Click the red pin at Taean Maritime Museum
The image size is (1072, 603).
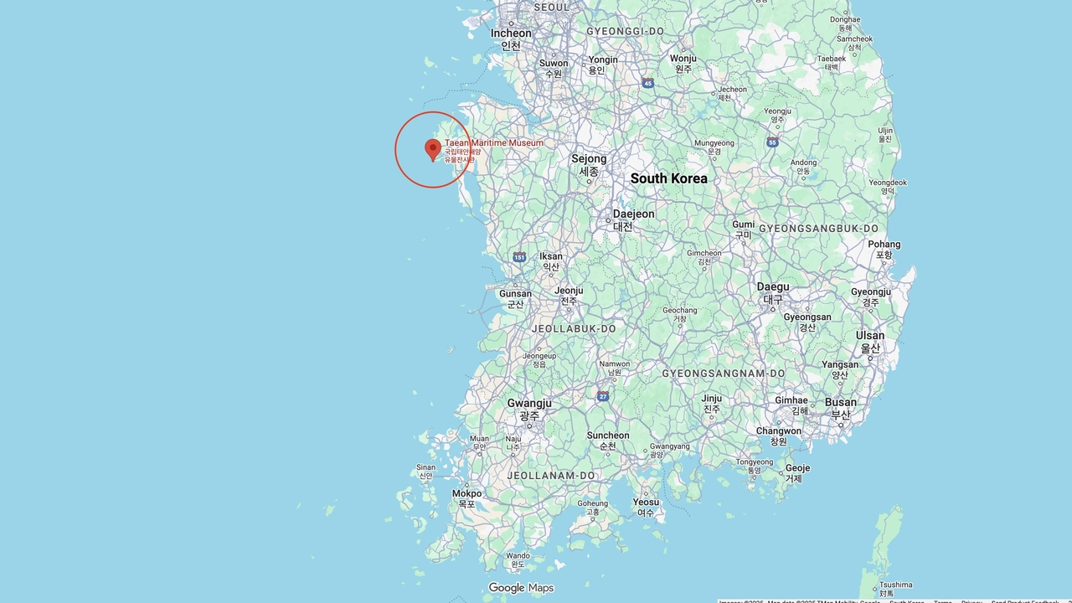[x=433, y=148]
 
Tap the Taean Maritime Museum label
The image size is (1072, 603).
[x=493, y=143]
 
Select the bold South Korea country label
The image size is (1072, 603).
[x=668, y=178]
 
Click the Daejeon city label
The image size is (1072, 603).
[x=633, y=214]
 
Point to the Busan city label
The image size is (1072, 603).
[x=840, y=403]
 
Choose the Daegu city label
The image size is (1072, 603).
[x=773, y=287]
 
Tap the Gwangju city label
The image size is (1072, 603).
[x=529, y=404]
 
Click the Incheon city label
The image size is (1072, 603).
[x=511, y=33]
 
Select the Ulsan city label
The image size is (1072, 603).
[x=870, y=336]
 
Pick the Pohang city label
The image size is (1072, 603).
[x=884, y=245]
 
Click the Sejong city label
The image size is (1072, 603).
[x=589, y=159]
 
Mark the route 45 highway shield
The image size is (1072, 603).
[x=648, y=83]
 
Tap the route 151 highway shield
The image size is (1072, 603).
[x=519, y=257]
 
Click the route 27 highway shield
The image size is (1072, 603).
[x=603, y=396]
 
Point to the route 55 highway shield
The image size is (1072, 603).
[x=772, y=142]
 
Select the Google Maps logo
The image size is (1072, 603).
[x=521, y=588]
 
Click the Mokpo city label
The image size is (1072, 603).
[x=466, y=494]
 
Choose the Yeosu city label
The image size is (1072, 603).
[x=645, y=502]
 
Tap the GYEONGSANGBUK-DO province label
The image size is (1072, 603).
[x=818, y=229]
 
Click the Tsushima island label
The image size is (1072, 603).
[x=895, y=585]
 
